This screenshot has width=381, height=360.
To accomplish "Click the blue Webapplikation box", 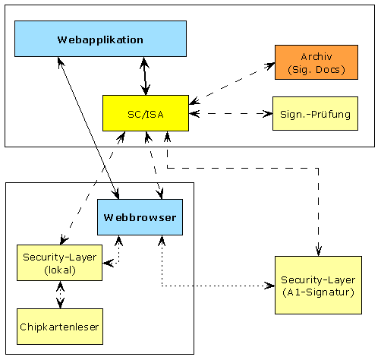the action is click(100, 39).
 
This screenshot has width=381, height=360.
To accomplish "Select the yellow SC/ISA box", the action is click(146, 113).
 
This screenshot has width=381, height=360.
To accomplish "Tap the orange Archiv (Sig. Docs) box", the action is click(316, 62).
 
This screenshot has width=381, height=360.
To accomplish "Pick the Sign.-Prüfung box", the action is click(315, 114).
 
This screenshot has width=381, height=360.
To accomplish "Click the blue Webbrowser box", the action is click(140, 217).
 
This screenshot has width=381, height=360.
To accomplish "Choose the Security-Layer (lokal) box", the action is click(60, 263).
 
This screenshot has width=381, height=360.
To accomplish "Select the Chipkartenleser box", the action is click(60, 327).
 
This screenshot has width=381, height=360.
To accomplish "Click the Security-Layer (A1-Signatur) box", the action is click(318, 286).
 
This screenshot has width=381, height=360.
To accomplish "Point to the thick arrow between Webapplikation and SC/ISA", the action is click(145, 76).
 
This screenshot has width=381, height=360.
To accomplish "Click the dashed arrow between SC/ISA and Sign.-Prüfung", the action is click(231, 114).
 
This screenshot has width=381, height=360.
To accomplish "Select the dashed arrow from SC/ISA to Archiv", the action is click(232, 84).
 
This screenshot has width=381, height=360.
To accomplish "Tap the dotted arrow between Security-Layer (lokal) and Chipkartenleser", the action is click(60, 295).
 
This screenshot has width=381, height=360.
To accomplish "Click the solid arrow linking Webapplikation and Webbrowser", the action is click(88, 128).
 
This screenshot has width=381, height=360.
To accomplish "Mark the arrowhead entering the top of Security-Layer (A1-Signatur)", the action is click(319, 250).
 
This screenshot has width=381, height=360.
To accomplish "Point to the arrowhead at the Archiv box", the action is click(269, 65).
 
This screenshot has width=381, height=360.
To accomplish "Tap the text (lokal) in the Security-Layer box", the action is click(60, 270).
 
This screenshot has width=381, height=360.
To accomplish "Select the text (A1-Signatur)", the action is click(318, 292).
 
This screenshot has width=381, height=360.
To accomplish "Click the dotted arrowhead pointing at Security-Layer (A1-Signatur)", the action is click(269, 286).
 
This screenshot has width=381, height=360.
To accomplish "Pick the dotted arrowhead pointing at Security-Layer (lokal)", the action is click(109, 264).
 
